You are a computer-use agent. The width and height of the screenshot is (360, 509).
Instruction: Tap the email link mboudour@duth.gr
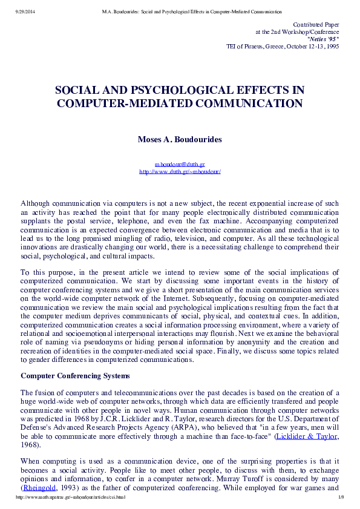click(x=180, y=164)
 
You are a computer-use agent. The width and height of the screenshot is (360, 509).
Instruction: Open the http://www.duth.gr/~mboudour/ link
click(x=180, y=171)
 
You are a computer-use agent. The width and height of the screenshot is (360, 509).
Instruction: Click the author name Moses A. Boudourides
click(x=180, y=139)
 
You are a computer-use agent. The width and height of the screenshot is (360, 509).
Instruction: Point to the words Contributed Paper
click(x=316, y=24)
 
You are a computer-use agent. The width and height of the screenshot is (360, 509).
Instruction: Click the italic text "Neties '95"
click(x=323, y=38)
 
